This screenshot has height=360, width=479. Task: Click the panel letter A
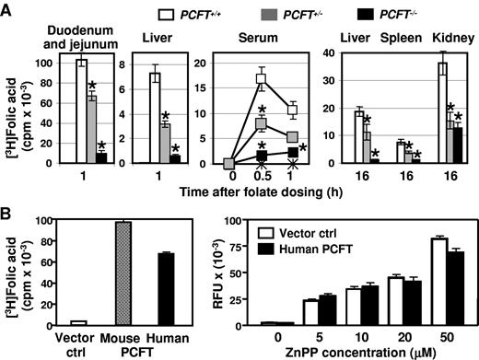coord(8,8)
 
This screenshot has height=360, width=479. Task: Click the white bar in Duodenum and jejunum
coord(81,112)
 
